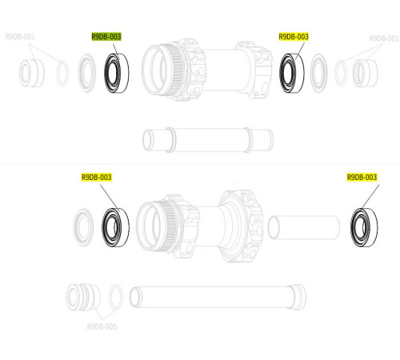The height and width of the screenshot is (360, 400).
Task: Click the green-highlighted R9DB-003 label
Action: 106,37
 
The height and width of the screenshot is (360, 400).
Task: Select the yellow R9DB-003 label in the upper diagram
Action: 294,37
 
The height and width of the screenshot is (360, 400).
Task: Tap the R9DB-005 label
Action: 102,326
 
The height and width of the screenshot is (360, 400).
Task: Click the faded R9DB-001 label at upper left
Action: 20,37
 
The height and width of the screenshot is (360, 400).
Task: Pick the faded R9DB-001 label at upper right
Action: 383,38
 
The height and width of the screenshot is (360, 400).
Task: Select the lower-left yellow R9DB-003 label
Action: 96,177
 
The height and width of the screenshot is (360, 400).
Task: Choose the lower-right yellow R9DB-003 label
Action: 362,177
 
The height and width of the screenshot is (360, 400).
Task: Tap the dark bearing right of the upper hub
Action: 290,71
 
